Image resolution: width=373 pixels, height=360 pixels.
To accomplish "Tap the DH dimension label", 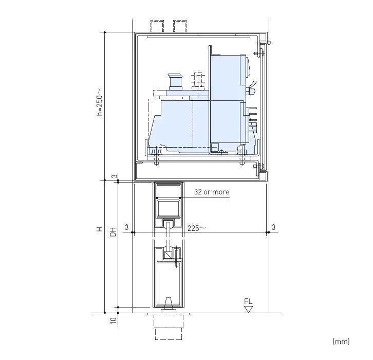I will pyautogui.click(x=113, y=232).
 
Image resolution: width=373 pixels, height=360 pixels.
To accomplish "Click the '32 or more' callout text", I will pyautogui.click(x=211, y=192).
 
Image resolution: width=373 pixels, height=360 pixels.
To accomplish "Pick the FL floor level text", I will pyautogui.click(x=249, y=301).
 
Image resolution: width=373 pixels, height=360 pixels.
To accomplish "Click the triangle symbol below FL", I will pyautogui.click(x=249, y=309).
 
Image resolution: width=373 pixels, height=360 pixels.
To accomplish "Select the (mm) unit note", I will pyautogui.click(x=341, y=341).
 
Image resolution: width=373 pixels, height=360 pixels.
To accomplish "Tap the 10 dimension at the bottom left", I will pyautogui.click(x=113, y=320).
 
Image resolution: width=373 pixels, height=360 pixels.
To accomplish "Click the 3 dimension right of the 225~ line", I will pyautogui.click(x=273, y=227).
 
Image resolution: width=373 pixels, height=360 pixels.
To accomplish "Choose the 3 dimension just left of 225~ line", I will pyautogui.click(x=126, y=227).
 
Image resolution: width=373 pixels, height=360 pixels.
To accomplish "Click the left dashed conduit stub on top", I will pyautogui.click(x=158, y=26).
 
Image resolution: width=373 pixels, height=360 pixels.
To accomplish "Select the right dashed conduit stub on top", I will pyautogui.click(x=180, y=26).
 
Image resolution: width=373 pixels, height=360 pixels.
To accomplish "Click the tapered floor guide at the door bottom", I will pyautogui.click(x=169, y=304).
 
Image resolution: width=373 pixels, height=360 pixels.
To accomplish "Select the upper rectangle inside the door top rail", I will pyautogui.click(x=169, y=192).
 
